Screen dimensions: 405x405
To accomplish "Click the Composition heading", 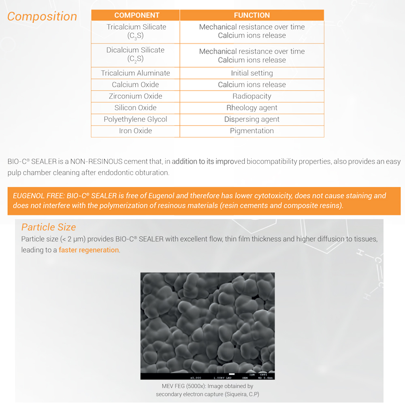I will (42, 16).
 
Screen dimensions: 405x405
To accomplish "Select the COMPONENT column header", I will (137, 15).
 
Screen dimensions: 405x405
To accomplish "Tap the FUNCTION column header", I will (252, 15).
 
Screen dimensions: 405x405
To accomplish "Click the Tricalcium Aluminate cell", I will (135, 73).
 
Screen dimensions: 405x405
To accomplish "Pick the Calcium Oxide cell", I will (135, 85).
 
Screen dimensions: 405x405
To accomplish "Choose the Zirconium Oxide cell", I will (135, 96).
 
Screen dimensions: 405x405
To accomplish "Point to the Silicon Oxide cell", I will (135, 108).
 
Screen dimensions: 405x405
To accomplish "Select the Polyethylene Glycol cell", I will (135, 119).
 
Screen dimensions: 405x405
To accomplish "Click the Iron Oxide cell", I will (135, 131).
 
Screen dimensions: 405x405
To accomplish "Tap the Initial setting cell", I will (252, 73).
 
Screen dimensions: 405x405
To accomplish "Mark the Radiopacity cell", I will (252, 96).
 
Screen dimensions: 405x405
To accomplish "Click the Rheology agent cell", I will (252, 108).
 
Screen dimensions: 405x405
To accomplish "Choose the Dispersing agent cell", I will (252, 119).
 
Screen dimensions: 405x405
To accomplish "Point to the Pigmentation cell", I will (252, 131).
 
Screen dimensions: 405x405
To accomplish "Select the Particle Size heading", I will (49, 227).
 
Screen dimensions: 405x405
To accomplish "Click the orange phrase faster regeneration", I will (89, 250).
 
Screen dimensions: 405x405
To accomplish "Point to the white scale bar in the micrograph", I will (232, 374).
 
